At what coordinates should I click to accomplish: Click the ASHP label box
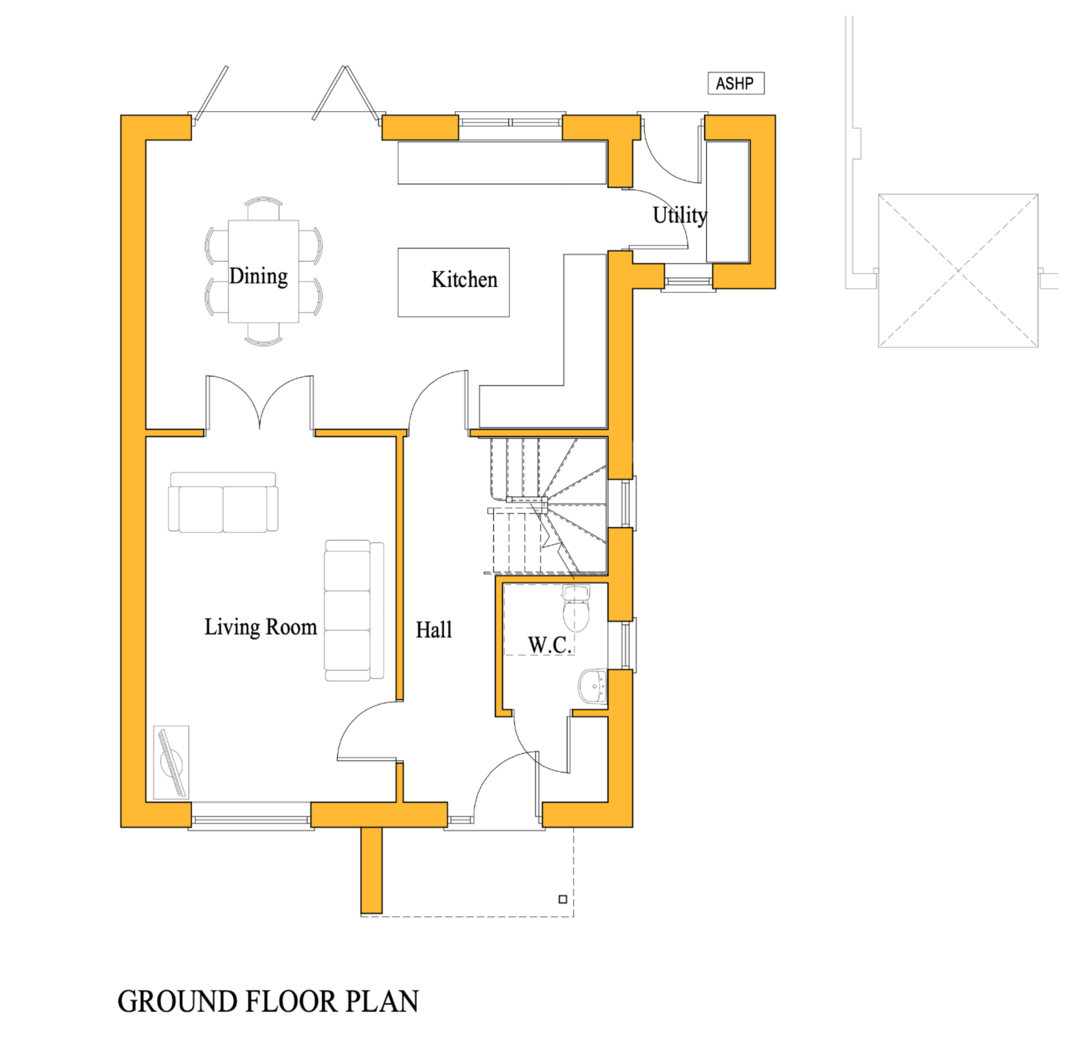coord(735,83)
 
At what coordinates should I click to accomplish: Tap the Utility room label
coord(679,215)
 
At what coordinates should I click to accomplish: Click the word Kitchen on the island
coord(464,280)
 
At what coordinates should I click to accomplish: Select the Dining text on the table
coord(258,276)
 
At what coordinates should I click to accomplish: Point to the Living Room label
coord(260,627)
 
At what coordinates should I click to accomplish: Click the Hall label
coord(434,630)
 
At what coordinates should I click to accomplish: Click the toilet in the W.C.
coord(576,608)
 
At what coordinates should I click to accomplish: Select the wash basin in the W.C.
coord(593,687)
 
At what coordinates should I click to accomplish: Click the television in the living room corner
coord(171,762)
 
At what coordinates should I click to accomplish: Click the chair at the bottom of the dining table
coord(263,333)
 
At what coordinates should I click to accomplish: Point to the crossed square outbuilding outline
coord(958,270)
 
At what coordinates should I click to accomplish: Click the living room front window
coord(251,820)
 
